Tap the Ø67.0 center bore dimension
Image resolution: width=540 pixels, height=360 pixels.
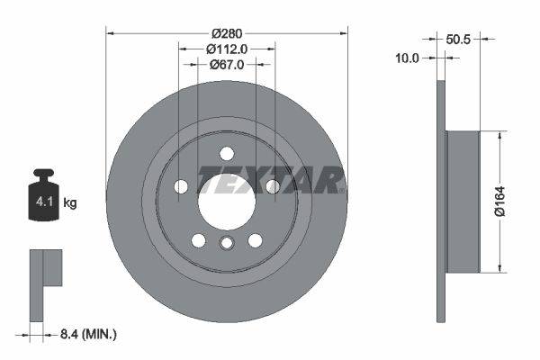[228, 65]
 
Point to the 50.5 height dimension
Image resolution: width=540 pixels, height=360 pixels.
[459, 39]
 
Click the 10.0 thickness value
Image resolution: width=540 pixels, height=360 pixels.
[408, 58]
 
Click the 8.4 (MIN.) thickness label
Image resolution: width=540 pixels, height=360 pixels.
[86, 335]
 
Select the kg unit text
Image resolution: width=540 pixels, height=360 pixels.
[70, 203]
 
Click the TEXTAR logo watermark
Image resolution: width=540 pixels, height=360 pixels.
[270, 180]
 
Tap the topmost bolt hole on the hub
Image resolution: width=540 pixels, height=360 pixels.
[227, 153]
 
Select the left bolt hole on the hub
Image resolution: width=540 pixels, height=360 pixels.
[181, 186]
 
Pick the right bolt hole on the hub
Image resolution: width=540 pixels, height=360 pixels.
[272, 186]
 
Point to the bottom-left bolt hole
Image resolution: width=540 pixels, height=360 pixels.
[198, 240]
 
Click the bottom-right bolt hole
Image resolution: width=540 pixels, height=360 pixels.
[255, 240]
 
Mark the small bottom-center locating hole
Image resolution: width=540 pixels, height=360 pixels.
[227, 244]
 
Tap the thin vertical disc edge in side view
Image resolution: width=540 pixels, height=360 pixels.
[441, 202]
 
